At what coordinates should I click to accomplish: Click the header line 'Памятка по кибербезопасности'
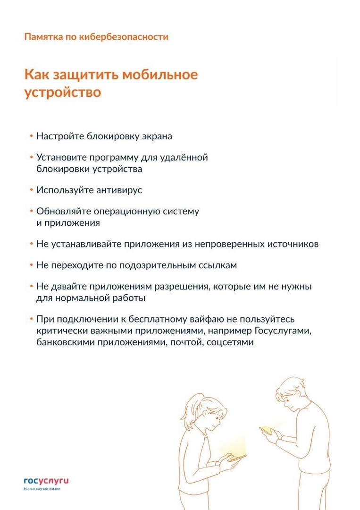pyautogui.click(x=96, y=36)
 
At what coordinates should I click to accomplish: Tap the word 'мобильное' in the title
pyautogui.click(x=160, y=75)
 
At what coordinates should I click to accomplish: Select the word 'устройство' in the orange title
pyautogui.click(x=62, y=92)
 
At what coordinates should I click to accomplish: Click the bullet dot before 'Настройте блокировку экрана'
pyautogui.click(x=31, y=136)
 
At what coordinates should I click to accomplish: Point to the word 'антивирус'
pyautogui.click(x=119, y=190)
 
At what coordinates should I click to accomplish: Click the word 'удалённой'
pyautogui.click(x=184, y=157)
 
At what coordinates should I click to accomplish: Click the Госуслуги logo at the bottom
pyautogui.click(x=46, y=481)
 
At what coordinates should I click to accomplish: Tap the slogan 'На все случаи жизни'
pyautogui.click(x=42, y=489)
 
